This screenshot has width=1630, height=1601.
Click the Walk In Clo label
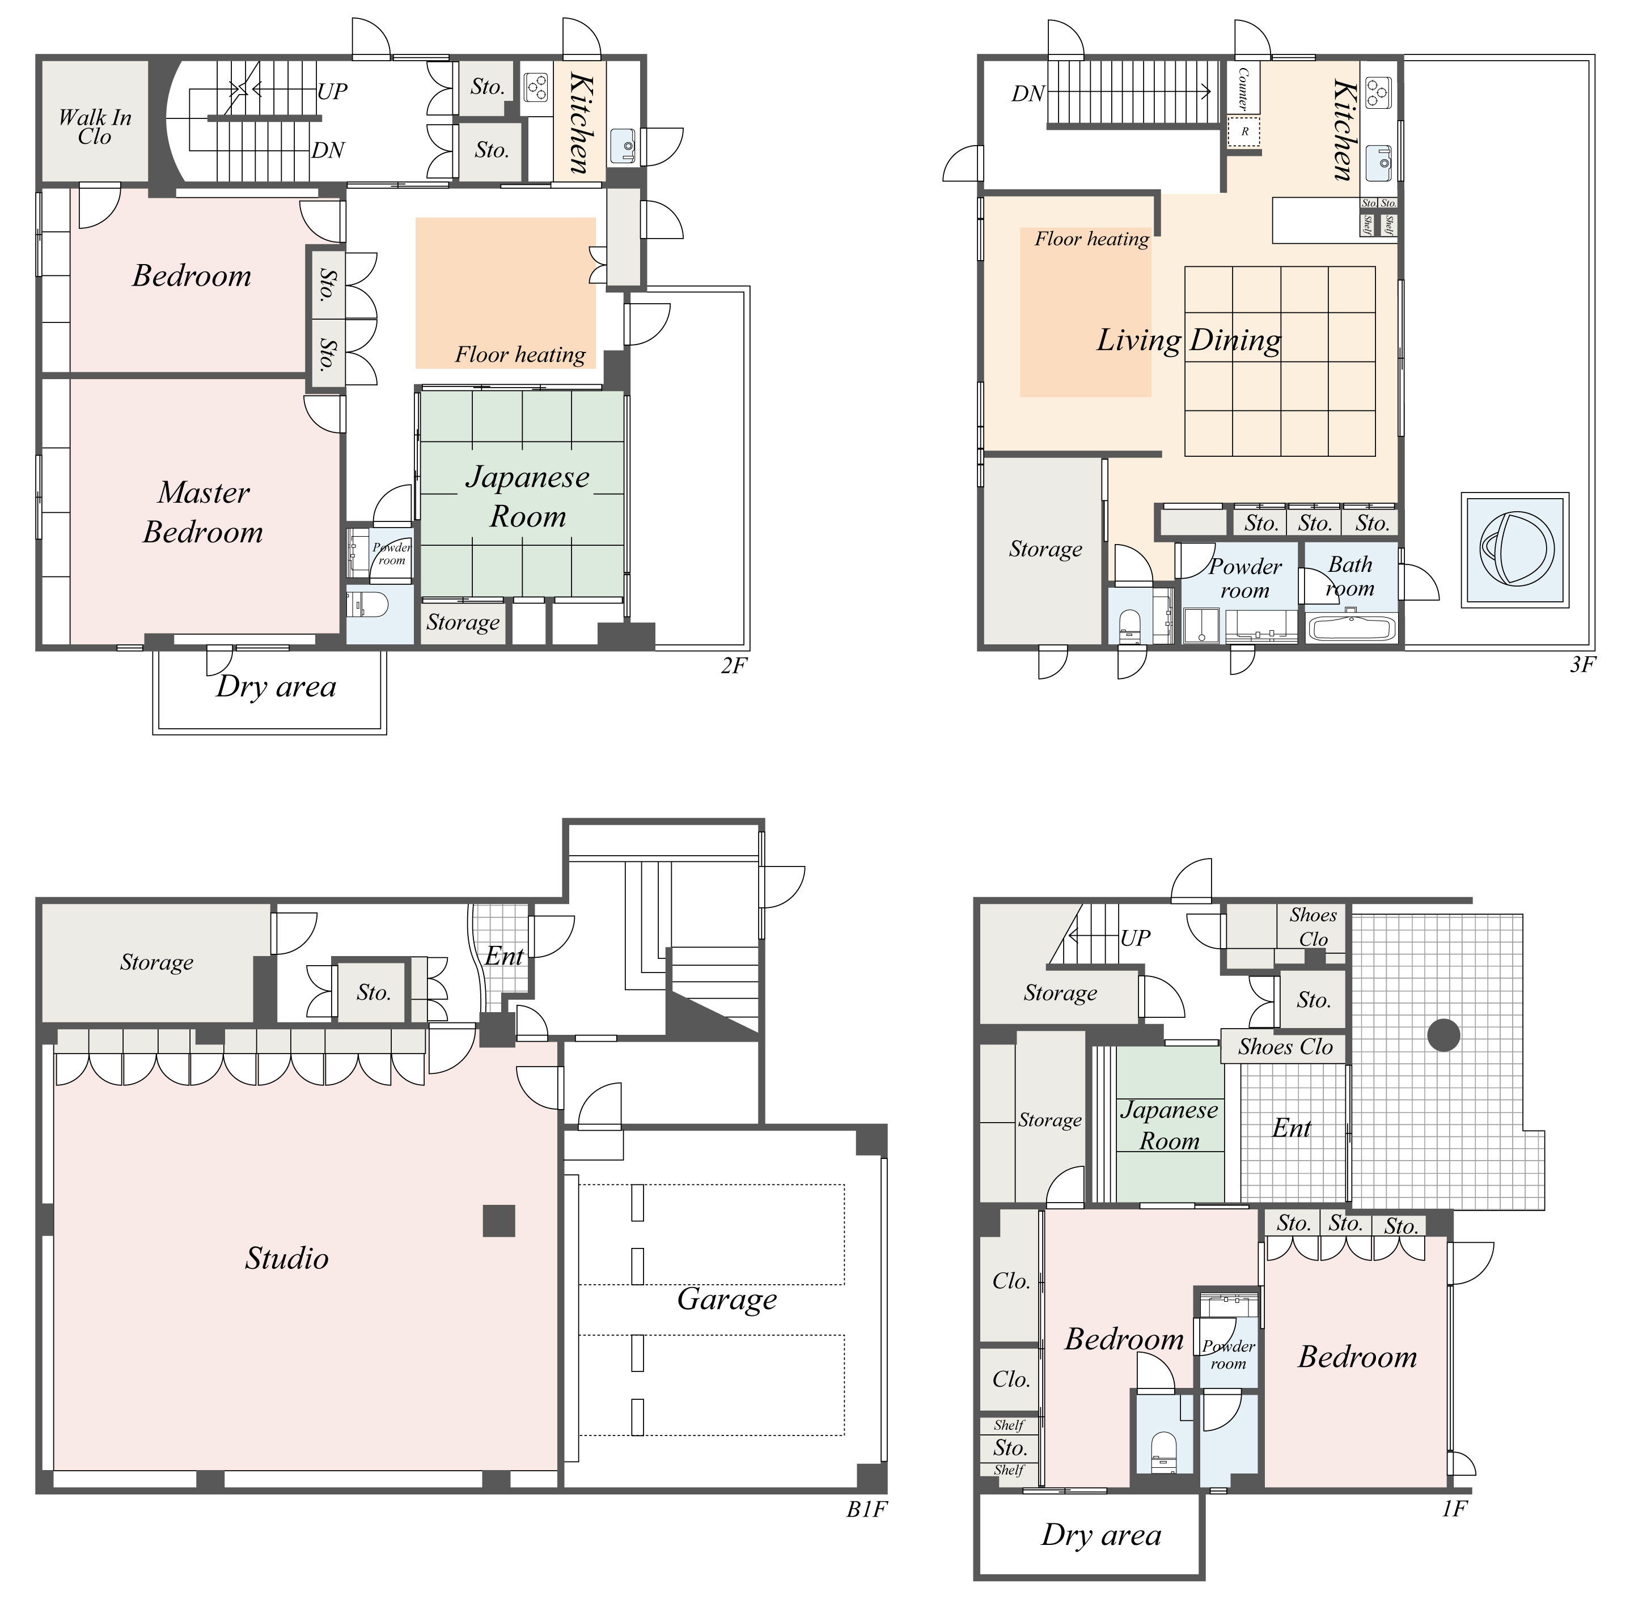tap(95, 127)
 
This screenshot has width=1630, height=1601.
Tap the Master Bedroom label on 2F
tap(203, 512)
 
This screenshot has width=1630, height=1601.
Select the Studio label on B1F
tap(287, 1259)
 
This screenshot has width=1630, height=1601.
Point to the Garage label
tap(727, 1299)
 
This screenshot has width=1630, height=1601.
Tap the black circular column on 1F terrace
tap(1443, 1035)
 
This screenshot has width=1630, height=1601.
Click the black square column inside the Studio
tap(499, 1220)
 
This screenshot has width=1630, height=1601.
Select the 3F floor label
tap(1582, 664)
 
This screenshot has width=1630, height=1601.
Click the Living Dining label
tap(1188, 339)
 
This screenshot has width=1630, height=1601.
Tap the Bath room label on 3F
tap(1350, 576)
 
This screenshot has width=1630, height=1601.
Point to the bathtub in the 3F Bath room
tap(1352, 628)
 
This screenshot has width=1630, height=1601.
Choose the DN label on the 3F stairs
tap(1027, 94)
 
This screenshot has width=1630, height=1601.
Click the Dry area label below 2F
tap(276, 686)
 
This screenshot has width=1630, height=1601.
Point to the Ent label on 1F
tap(1291, 1128)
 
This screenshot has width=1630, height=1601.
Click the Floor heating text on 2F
tap(520, 354)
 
